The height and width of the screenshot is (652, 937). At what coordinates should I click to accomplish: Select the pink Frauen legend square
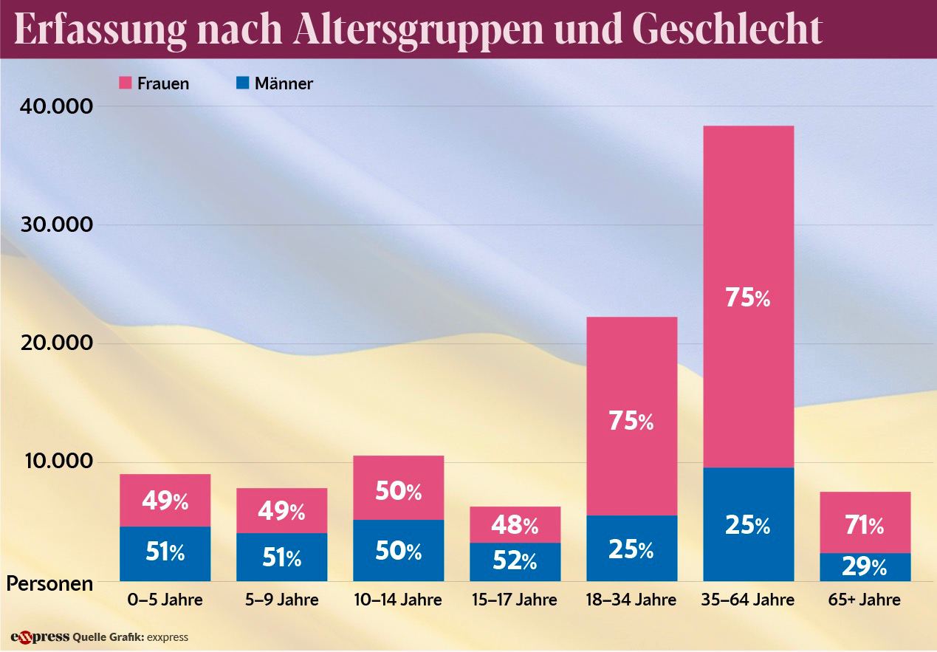click(124, 83)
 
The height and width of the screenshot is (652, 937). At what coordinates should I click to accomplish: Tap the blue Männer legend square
click(242, 83)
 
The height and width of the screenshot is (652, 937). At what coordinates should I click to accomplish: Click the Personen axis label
click(50, 584)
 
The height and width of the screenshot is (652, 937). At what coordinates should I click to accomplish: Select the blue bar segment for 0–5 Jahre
click(165, 553)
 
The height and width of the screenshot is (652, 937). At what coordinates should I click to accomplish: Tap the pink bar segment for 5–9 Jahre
click(281, 510)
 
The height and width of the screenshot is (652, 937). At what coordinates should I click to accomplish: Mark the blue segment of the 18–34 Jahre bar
click(631, 548)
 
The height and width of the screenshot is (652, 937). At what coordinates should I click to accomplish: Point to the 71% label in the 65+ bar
click(865, 526)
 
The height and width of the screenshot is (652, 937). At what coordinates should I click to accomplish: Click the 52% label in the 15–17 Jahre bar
click(515, 561)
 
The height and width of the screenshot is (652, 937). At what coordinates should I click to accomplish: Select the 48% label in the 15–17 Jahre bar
click(515, 525)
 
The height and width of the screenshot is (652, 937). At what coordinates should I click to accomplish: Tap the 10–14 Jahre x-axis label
click(399, 600)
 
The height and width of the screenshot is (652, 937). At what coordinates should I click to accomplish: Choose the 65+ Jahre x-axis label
click(865, 600)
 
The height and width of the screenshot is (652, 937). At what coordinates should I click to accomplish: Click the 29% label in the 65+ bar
click(865, 567)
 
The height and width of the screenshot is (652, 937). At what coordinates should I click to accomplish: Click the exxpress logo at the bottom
click(40, 636)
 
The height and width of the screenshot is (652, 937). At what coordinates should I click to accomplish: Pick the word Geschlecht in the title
click(727, 30)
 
